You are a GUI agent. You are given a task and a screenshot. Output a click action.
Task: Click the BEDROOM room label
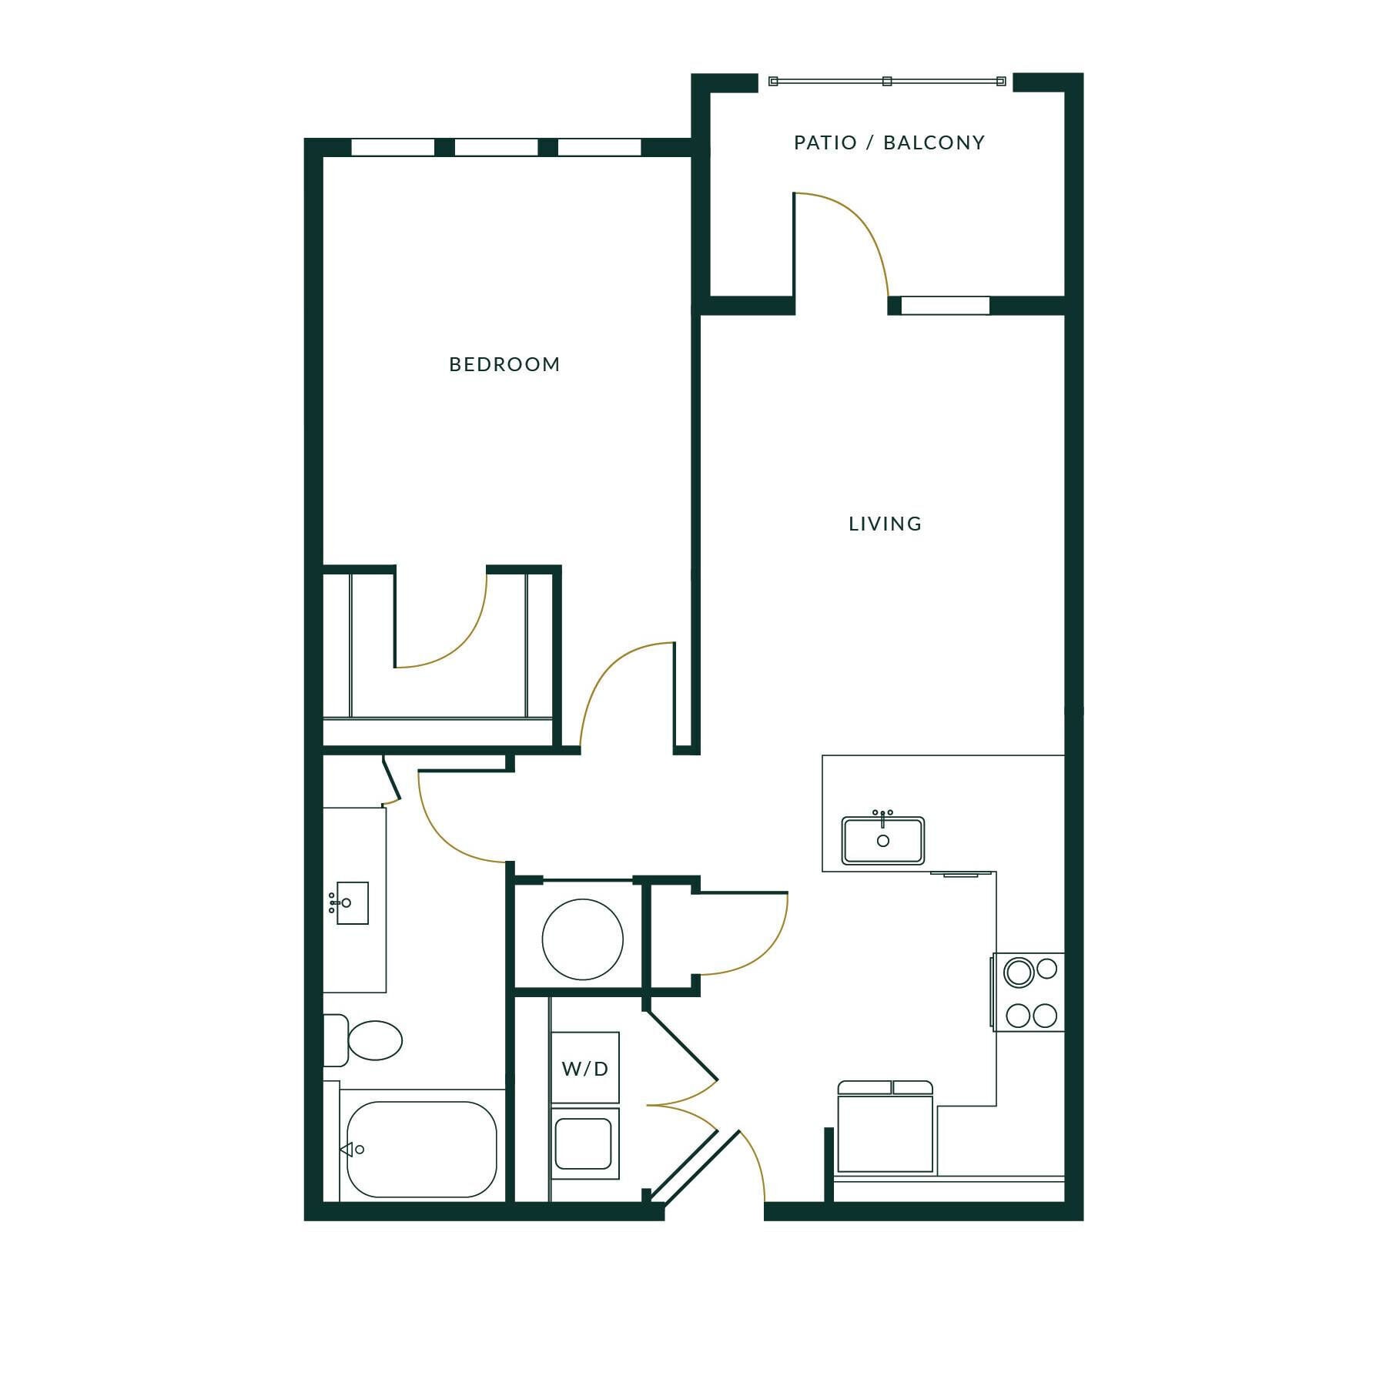click(504, 364)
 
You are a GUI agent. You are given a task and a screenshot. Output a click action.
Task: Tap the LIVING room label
click(885, 524)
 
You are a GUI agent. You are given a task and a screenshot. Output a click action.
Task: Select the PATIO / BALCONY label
click(889, 143)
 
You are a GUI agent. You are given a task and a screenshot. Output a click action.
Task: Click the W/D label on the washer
click(585, 1069)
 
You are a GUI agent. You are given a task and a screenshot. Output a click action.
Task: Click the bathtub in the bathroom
click(421, 1149)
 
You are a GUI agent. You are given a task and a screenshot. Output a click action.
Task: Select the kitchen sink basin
click(882, 841)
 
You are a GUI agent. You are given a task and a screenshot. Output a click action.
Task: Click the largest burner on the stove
click(1019, 973)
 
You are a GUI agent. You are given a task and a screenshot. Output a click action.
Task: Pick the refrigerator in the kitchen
click(885, 1130)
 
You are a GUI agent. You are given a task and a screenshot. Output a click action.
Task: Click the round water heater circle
click(582, 939)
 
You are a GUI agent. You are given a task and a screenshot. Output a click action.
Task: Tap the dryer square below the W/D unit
click(584, 1143)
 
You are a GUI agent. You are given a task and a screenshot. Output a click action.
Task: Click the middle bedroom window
click(497, 147)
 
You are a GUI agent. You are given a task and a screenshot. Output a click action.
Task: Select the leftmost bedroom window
click(393, 147)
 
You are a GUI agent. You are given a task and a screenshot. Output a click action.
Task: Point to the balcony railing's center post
click(887, 81)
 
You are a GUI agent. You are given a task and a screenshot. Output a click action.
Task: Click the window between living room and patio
click(945, 306)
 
